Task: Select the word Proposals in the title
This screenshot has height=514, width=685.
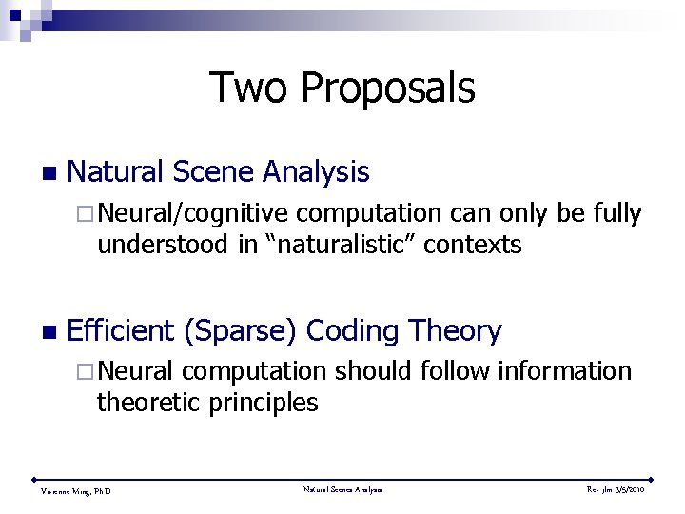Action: coord(386,88)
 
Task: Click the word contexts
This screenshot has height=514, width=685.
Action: coord(473,246)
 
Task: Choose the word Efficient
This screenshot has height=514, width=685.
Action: coord(121,331)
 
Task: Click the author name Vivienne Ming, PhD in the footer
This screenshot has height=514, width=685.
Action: coord(75,491)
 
